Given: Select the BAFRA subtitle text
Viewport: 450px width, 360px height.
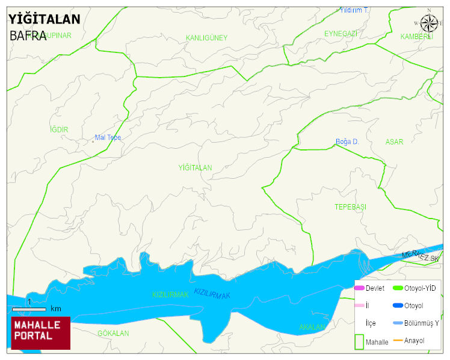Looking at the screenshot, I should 28,36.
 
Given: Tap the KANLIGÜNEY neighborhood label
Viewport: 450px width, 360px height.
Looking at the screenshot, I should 206,38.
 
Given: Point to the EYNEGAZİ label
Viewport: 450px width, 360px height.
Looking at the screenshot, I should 341,33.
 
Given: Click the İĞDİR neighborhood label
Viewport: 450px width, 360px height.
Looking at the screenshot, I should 59,130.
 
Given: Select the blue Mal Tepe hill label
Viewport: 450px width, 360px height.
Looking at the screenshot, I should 108,138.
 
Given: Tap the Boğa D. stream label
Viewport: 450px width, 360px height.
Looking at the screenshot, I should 347,142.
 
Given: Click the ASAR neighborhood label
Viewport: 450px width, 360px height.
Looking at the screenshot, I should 394,142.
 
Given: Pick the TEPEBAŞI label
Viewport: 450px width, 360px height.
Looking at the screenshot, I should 350,207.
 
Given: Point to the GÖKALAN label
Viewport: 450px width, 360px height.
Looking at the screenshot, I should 113,333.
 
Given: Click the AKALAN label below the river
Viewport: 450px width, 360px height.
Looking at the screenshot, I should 312,327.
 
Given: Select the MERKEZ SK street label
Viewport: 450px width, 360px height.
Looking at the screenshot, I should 421,255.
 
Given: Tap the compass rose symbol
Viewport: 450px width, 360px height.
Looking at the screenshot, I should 429,23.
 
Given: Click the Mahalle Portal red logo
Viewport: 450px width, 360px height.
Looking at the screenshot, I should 41,333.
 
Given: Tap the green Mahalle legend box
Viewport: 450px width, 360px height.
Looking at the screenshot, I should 359,341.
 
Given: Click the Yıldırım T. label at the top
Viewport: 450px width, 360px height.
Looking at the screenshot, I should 354,10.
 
